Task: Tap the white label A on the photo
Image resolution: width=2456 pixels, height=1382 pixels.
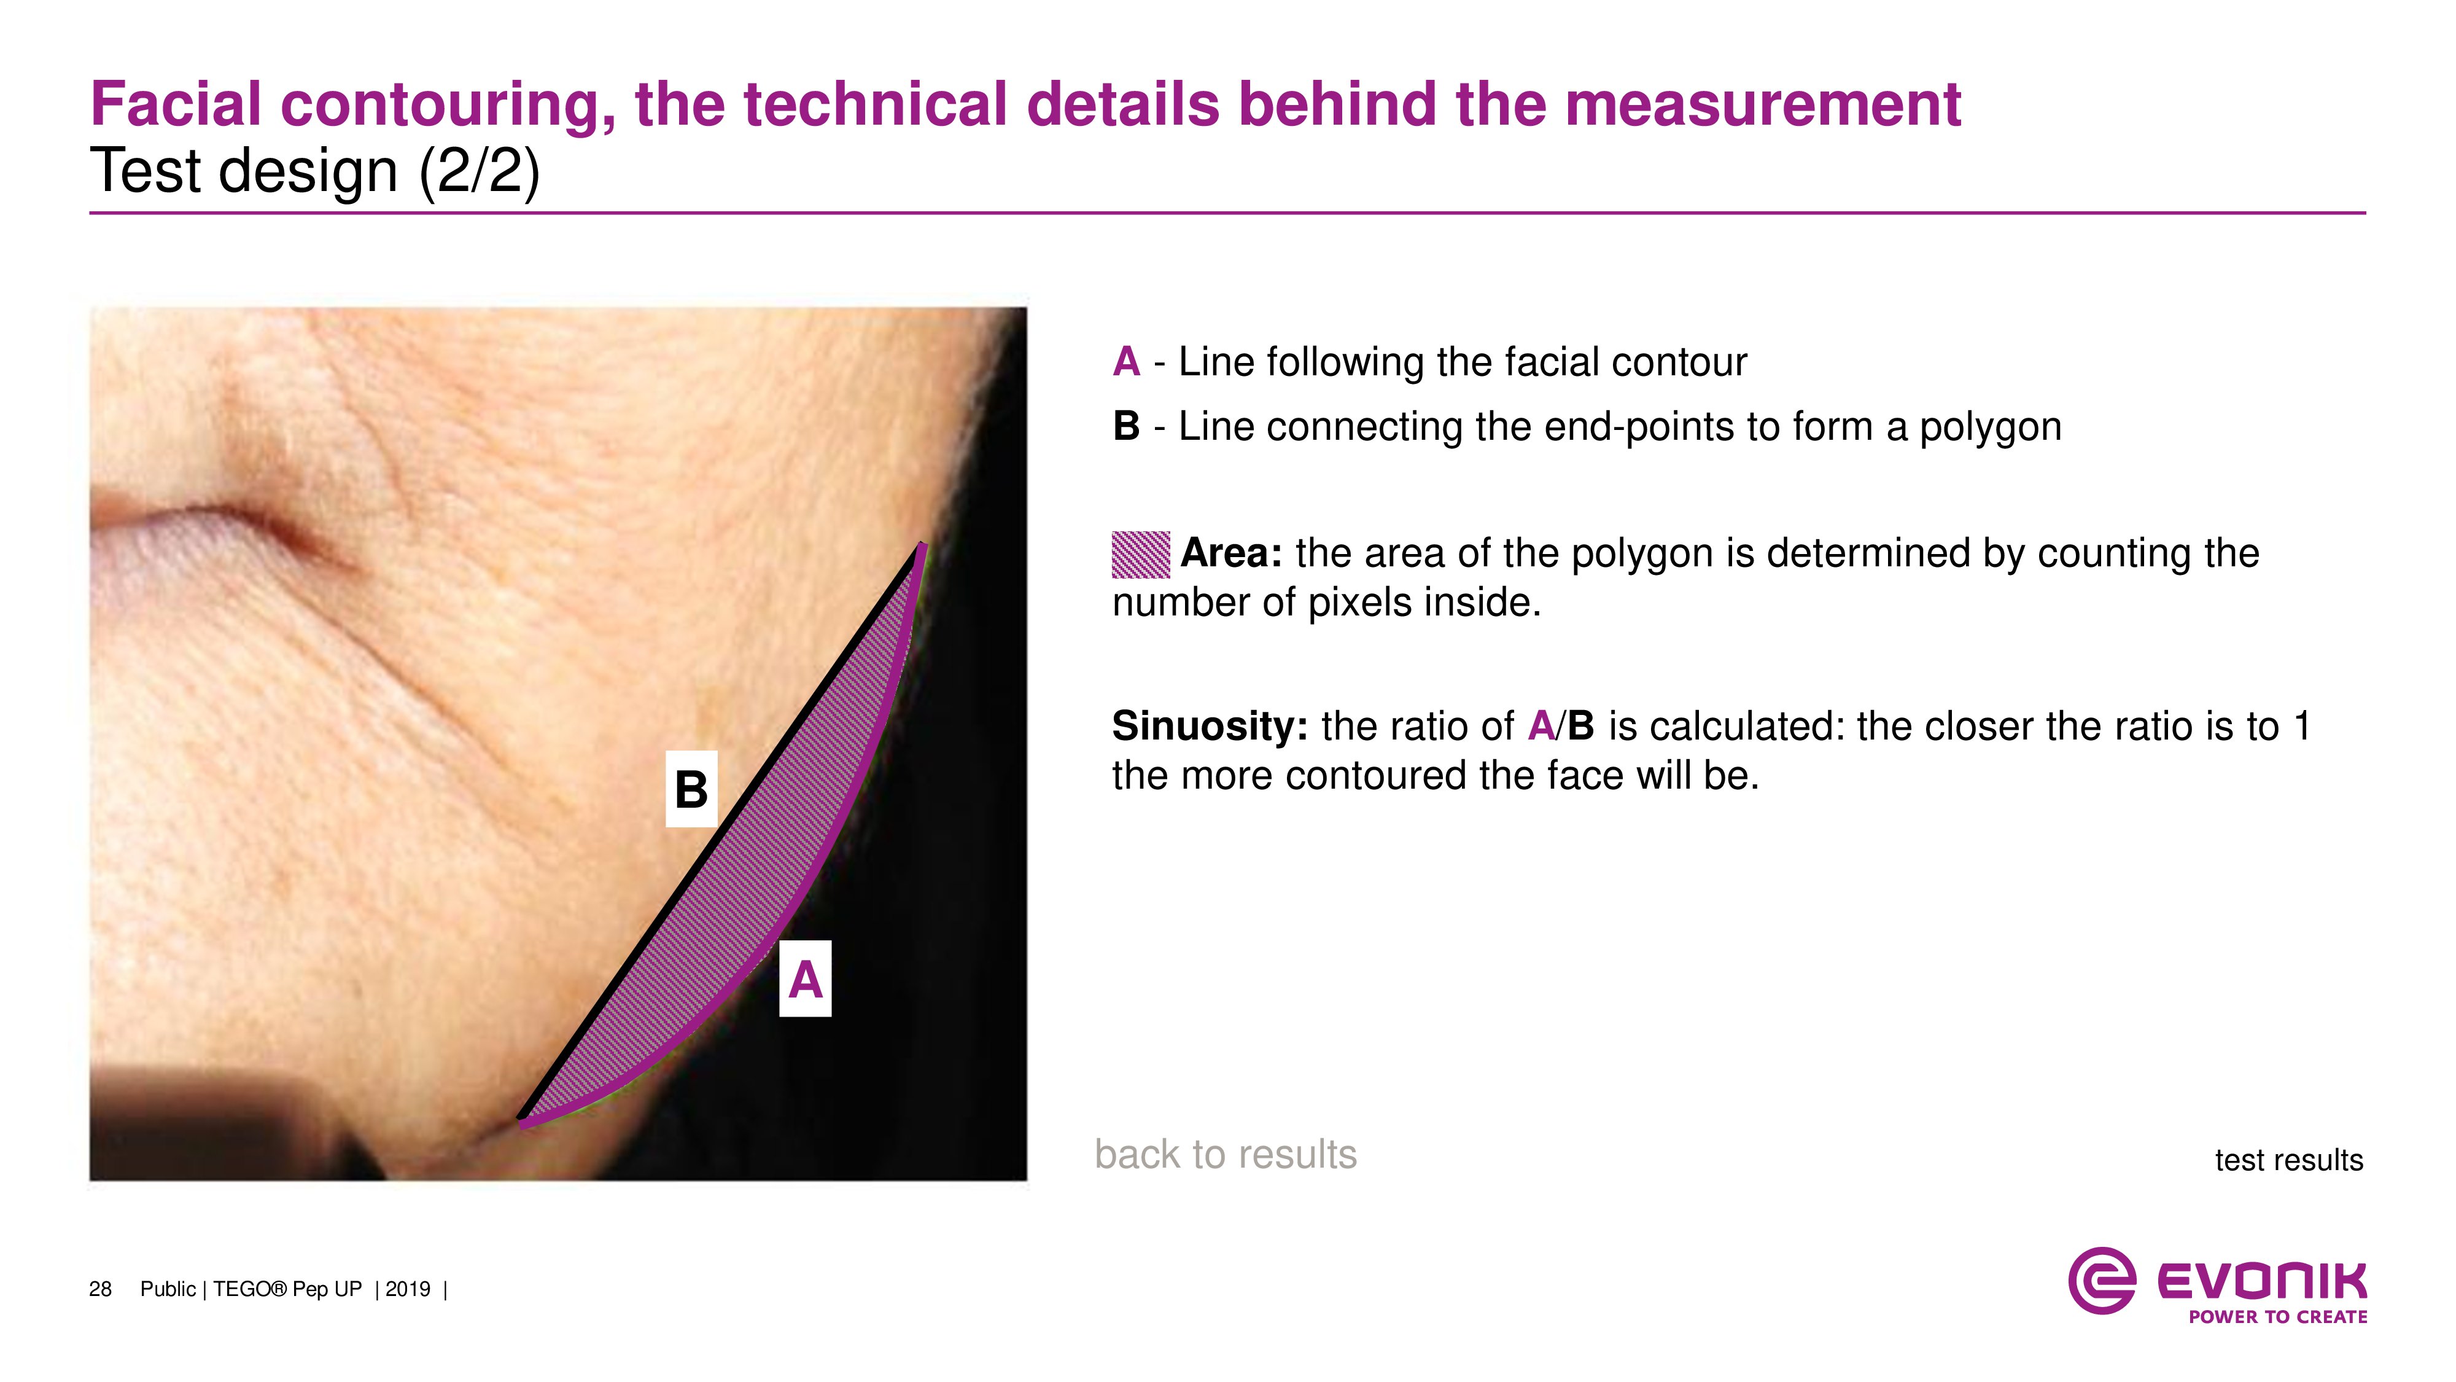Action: point(806,978)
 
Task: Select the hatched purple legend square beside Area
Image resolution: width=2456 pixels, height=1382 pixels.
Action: point(1141,554)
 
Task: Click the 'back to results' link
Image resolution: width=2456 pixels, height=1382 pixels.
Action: point(1225,1154)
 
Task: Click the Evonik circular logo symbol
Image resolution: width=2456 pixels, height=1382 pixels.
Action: point(2101,1280)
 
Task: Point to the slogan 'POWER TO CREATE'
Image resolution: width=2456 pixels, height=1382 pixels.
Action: point(2278,1317)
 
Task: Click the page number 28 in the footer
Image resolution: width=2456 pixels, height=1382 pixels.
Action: point(100,1289)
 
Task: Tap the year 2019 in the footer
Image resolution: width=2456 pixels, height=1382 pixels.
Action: point(408,1289)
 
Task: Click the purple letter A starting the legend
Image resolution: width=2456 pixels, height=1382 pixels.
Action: point(1126,362)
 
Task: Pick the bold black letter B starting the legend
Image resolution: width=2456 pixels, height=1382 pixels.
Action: point(1126,426)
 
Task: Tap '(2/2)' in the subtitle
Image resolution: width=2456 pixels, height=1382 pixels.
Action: point(480,172)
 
